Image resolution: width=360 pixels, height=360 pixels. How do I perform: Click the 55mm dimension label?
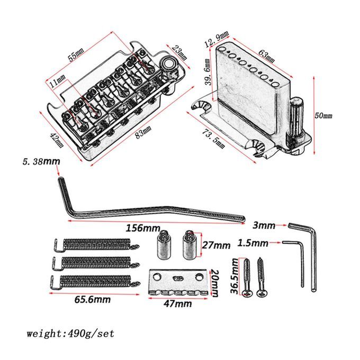point(76,55)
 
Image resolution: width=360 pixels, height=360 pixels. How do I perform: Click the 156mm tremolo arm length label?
point(143,229)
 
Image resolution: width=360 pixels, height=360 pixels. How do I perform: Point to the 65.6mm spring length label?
point(92,300)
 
